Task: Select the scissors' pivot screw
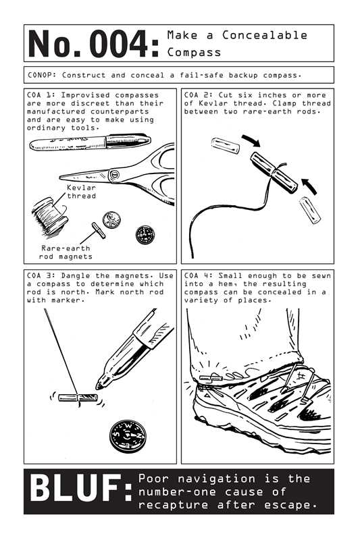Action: click(114, 177)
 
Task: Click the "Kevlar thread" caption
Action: click(81, 192)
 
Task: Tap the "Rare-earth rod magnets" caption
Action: click(66, 252)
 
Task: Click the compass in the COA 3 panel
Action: click(125, 435)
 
